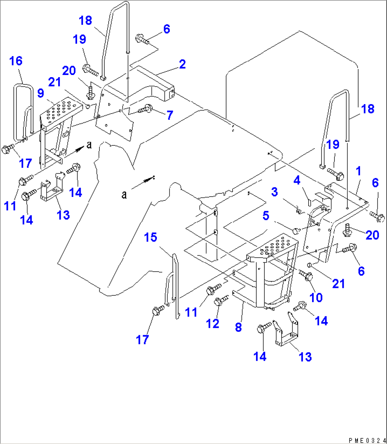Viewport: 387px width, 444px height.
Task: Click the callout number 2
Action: click(x=182, y=64)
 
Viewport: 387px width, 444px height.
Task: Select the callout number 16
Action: click(x=16, y=61)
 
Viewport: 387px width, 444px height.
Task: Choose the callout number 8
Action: click(x=238, y=327)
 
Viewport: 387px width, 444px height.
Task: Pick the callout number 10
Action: click(x=316, y=297)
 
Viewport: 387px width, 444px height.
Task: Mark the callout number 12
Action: click(x=213, y=323)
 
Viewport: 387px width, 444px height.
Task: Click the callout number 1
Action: click(x=359, y=171)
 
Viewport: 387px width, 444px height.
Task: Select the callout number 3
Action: click(x=274, y=192)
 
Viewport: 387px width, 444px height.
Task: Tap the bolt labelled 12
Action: click(x=220, y=300)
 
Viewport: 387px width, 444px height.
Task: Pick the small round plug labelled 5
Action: click(x=295, y=232)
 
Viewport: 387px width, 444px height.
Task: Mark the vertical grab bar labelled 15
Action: click(x=176, y=284)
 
